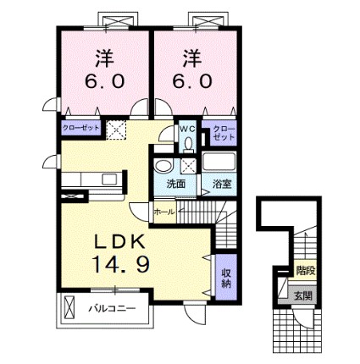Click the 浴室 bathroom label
222,183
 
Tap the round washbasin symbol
164,165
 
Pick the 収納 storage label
226,279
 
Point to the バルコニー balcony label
111,310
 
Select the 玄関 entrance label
302,295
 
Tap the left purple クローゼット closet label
81,128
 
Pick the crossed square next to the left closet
116,130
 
